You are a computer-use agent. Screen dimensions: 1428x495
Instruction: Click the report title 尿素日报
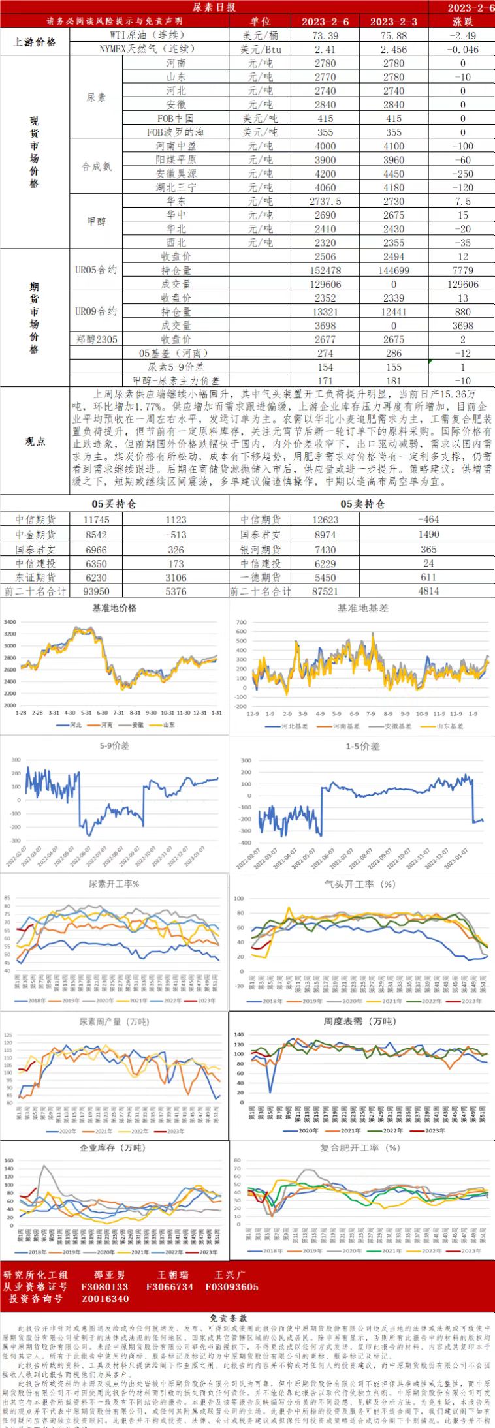(x=214, y=7)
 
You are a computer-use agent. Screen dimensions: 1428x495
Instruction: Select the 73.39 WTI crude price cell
(x=325, y=35)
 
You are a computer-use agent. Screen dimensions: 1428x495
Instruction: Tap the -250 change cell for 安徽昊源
(x=462, y=174)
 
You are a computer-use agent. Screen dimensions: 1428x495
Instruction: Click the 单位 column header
(x=260, y=22)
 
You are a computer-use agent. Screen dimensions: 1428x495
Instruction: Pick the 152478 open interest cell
(x=325, y=270)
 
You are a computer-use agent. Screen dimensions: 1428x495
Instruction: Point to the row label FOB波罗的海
(x=175, y=132)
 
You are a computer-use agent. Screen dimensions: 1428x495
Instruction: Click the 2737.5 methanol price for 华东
(x=325, y=201)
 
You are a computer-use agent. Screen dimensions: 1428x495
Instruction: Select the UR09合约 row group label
(x=96, y=311)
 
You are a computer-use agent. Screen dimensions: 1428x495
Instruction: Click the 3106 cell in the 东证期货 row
(x=176, y=578)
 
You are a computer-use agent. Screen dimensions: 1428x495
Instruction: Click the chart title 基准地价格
(x=114, y=608)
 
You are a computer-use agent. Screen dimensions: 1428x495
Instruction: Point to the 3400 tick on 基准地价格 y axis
(x=10, y=622)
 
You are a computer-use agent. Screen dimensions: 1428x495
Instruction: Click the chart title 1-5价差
(x=362, y=746)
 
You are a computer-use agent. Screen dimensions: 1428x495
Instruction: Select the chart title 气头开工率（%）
(x=360, y=884)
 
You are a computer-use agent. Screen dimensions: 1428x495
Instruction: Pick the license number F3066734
(x=170, y=1287)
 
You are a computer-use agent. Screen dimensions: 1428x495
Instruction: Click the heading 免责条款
(x=247, y=1318)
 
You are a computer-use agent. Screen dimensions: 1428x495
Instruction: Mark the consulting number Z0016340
(x=105, y=1299)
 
